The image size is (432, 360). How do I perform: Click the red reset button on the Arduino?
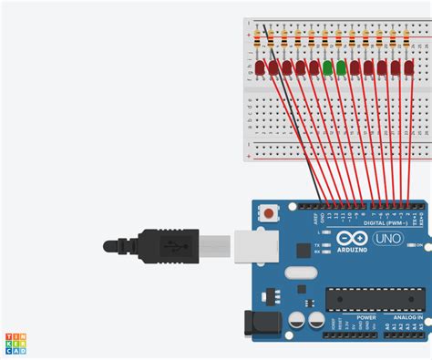[269, 214]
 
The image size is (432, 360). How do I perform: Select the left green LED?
[327, 68]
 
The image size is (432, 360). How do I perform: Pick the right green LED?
[341, 68]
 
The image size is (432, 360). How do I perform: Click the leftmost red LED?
[260, 68]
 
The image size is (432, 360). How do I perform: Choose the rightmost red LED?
[408, 68]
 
